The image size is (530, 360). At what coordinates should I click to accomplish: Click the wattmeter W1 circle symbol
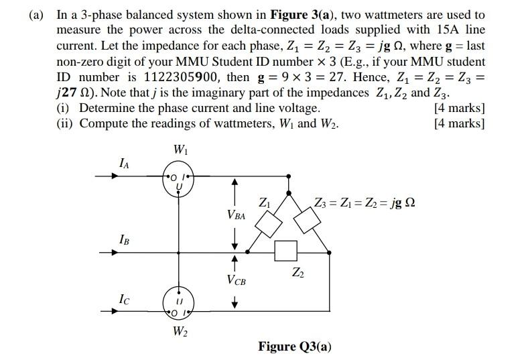coord(178,178)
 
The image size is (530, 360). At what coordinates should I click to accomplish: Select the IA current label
coord(124,162)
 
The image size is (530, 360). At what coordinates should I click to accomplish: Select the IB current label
coord(124,239)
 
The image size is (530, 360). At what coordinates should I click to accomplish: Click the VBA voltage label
coord(236,216)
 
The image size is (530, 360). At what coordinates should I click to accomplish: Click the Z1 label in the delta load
coord(264,202)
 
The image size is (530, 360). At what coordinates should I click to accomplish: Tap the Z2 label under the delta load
coord(297,272)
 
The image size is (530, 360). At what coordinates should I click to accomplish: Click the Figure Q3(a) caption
coord(295,346)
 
